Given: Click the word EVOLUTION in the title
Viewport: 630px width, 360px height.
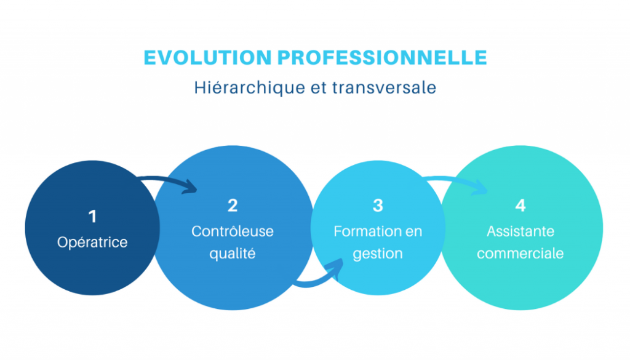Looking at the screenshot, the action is (208, 57).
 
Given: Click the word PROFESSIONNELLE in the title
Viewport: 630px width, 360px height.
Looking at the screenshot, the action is (382, 57).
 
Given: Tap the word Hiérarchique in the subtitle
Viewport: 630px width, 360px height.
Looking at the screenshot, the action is (250, 88).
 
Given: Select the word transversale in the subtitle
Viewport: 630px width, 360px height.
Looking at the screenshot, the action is (384, 87).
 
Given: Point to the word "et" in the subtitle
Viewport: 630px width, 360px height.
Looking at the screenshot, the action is (319, 88).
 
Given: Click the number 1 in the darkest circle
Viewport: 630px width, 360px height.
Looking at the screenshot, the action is (92, 217).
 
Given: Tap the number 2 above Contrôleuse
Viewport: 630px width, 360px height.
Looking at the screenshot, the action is (233, 206).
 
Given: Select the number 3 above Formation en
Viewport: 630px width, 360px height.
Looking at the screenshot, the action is (378, 206).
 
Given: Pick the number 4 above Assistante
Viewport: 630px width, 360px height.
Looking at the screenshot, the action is (520, 206).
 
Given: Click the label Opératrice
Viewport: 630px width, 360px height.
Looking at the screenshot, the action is (92, 242).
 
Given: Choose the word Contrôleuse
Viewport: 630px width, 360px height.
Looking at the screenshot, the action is (233, 231).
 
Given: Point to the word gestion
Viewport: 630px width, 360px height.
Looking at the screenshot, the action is (378, 254).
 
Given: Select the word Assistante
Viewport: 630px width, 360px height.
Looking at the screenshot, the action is (520, 231).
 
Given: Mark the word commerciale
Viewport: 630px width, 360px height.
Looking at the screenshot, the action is (520, 254).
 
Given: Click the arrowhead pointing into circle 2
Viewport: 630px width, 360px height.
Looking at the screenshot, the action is (189, 187).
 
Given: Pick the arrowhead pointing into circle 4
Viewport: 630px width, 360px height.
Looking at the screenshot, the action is (479, 187).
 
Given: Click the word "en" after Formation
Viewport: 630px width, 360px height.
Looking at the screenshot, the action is (414, 232).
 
